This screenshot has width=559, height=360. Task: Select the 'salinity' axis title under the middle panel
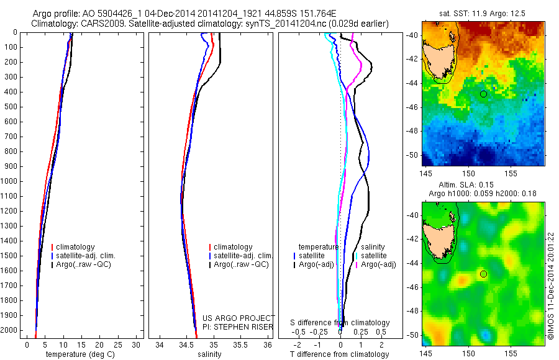click(209, 354)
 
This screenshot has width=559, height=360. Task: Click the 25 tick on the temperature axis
click(118, 344)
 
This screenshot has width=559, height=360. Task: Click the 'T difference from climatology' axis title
click(340, 354)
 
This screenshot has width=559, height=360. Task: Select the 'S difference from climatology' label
click(340, 323)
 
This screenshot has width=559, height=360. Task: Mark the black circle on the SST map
click(483, 94)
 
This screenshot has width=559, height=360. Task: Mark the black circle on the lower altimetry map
click(483, 274)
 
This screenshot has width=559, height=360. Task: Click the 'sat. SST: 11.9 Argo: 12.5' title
click(481, 12)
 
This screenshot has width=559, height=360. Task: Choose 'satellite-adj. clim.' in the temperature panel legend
click(86, 256)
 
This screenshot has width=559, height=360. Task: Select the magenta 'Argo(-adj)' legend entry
click(378, 264)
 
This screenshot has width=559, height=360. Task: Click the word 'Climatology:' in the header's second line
click(53, 24)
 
